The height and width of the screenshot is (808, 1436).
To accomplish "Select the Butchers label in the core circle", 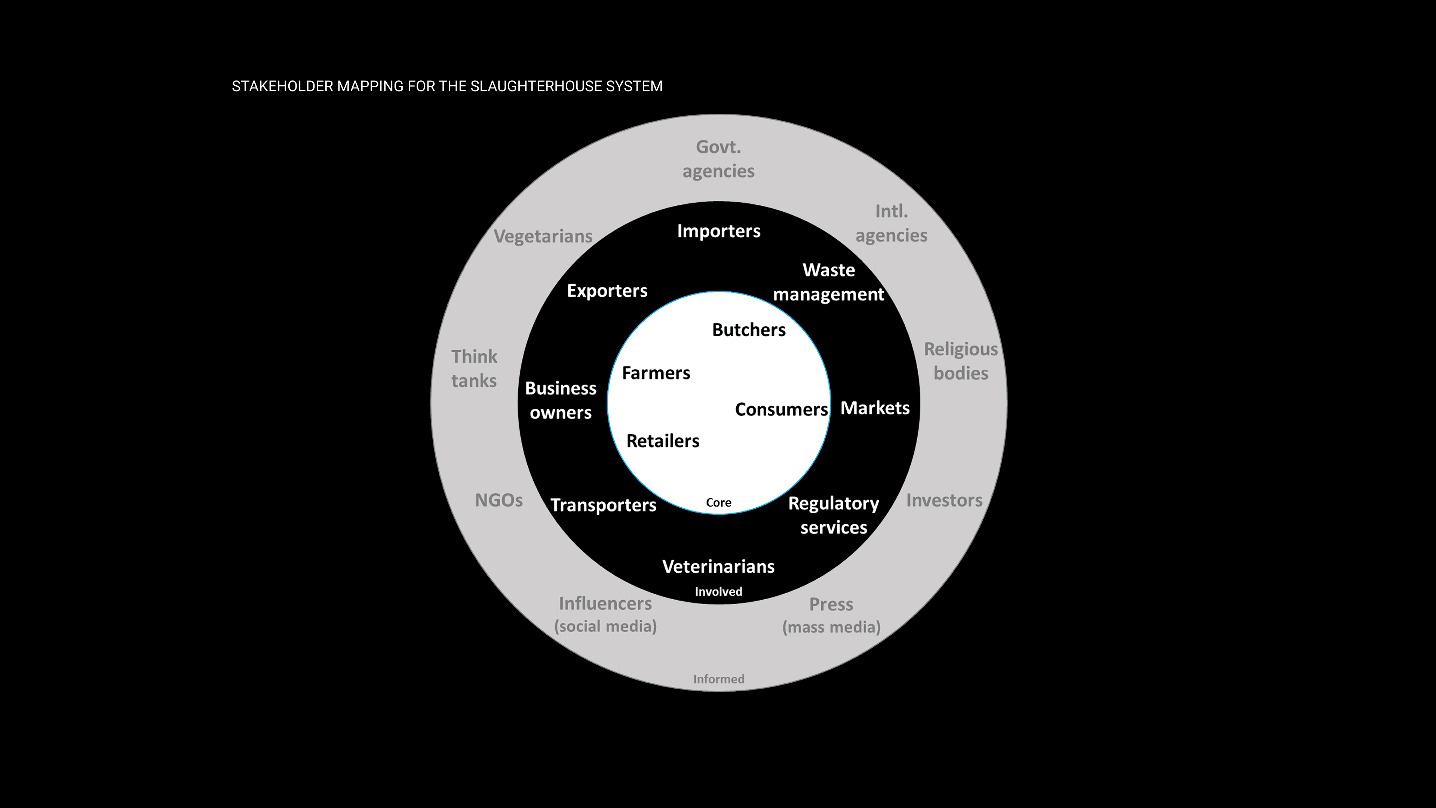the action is [749, 330].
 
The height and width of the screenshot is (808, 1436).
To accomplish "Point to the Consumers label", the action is [781, 409].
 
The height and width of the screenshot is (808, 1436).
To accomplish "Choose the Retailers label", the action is [662, 441].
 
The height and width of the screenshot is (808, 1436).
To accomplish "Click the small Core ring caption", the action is [718, 502].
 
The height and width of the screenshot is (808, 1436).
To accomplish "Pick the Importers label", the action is [718, 231].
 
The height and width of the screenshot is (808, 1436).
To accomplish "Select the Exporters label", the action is [607, 291].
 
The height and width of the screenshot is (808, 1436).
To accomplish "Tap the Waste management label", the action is [828, 282].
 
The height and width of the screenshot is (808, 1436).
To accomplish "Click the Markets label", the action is [875, 408].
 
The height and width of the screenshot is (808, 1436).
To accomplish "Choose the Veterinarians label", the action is [718, 567].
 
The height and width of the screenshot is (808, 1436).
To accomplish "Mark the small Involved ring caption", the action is [718, 592].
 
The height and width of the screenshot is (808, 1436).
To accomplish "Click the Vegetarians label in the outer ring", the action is [543, 236].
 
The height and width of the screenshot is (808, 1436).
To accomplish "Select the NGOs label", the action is [498, 500].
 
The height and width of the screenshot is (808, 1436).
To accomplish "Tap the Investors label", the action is [944, 500].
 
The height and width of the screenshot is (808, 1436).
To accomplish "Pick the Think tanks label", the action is [474, 368].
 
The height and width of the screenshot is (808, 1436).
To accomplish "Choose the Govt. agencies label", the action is [718, 159].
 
